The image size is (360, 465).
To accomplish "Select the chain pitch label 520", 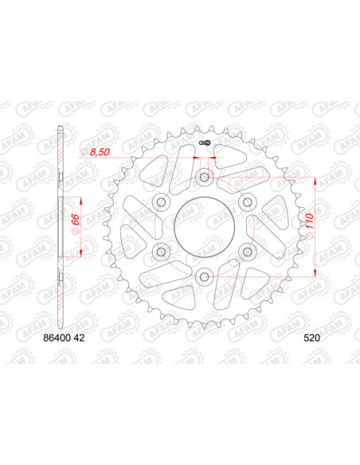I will click(311, 338).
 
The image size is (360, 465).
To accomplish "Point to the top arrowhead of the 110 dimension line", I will click(319, 181).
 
